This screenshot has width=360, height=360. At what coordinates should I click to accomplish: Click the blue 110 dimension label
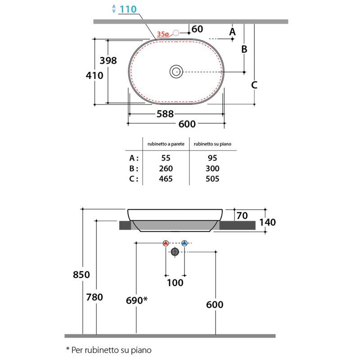(x=128, y=9)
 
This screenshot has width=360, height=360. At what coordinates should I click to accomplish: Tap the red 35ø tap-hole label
(x=163, y=34)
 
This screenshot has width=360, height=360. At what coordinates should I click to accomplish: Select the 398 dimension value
(x=108, y=61)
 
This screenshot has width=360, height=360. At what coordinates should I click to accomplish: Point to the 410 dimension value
(x=94, y=76)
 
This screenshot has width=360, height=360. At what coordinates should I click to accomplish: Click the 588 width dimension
(x=165, y=114)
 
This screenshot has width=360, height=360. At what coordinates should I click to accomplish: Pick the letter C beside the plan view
(x=254, y=85)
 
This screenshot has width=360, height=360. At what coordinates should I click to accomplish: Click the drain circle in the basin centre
(x=176, y=72)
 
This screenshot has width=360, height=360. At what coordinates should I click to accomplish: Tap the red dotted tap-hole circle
(x=176, y=33)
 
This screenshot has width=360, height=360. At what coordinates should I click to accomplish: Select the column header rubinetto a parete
(x=166, y=144)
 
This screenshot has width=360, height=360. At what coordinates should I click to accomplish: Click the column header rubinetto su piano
(x=212, y=144)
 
